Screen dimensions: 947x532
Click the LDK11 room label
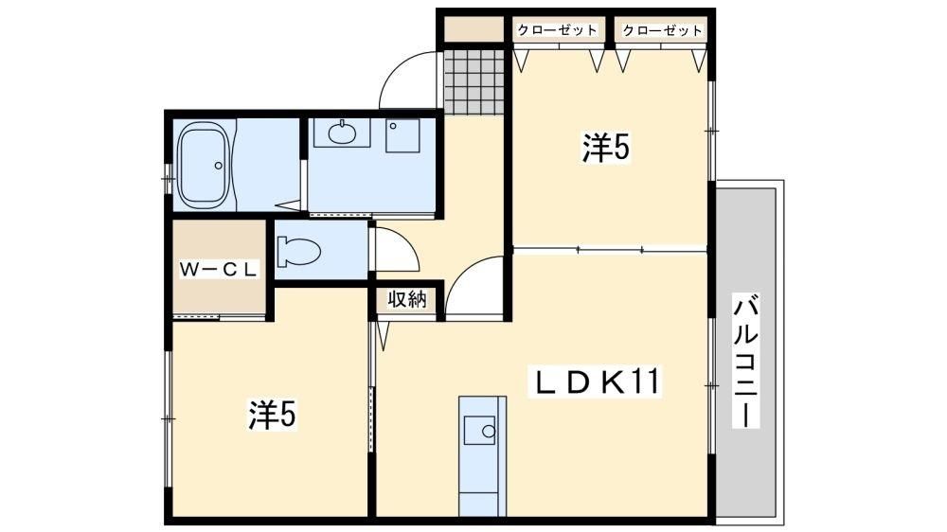pos(596,381)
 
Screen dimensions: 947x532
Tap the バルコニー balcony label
pos(745,361)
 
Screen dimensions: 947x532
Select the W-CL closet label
pos(219,270)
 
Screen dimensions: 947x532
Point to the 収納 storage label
pos(407,298)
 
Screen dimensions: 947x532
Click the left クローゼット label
pos(557,30)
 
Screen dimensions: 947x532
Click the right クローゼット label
pos(662,30)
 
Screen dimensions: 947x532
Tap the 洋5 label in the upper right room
pos(606,147)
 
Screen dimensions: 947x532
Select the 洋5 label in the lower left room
pos(273,415)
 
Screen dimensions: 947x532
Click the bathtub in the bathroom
pos(203,166)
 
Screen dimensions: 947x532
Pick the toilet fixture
pos(299,251)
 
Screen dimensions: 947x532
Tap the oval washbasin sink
pos(342,133)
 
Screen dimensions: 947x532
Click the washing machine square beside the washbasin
pos(402,135)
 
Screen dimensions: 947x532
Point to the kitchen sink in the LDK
pos(479,431)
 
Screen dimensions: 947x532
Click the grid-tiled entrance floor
pos(474,82)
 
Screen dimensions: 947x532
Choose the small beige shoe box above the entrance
pos(474,29)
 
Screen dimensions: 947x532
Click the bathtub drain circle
pos(219,165)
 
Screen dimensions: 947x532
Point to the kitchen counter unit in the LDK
pos(482,456)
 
